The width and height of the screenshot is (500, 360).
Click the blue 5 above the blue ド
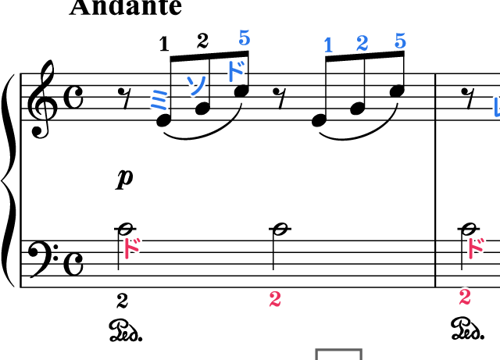click(245, 37)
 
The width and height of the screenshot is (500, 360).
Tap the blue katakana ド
click(235, 70)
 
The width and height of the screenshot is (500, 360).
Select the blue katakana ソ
click(196, 84)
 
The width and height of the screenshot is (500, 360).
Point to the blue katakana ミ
click(159, 99)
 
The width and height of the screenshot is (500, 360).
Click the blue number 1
click(328, 45)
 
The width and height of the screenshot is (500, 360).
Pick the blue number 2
click(362, 43)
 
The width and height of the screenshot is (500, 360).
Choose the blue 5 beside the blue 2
click(400, 41)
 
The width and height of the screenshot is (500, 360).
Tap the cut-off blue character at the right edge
click(496, 107)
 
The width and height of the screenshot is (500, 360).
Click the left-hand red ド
click(131, 248)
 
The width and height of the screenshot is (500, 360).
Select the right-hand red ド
click(475, 248)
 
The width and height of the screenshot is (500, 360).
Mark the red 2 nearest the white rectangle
click(275, 299)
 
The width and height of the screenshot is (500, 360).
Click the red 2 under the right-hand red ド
click(465, 297)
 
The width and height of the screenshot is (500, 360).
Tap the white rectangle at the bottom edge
click(338, 355)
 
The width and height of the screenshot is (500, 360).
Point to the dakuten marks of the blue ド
click(241, 62)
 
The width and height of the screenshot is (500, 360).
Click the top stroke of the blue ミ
click(155, 91)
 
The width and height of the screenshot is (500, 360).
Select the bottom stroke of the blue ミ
click(161, 107)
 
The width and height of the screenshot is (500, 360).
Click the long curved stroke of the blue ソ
click(200, 86)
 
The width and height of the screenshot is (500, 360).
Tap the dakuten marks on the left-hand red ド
click(137, 241)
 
